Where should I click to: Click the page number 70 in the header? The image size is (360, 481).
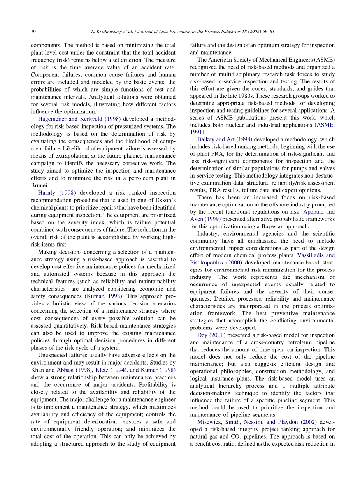pos(33,31)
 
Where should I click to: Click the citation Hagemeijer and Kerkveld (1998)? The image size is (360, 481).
pos(79,119)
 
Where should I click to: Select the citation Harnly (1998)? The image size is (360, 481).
pos(57,193)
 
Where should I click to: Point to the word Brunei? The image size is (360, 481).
pos(40,185)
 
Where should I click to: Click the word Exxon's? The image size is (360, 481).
pos(165,200)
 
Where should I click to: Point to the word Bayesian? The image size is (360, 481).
pos(281,227)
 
